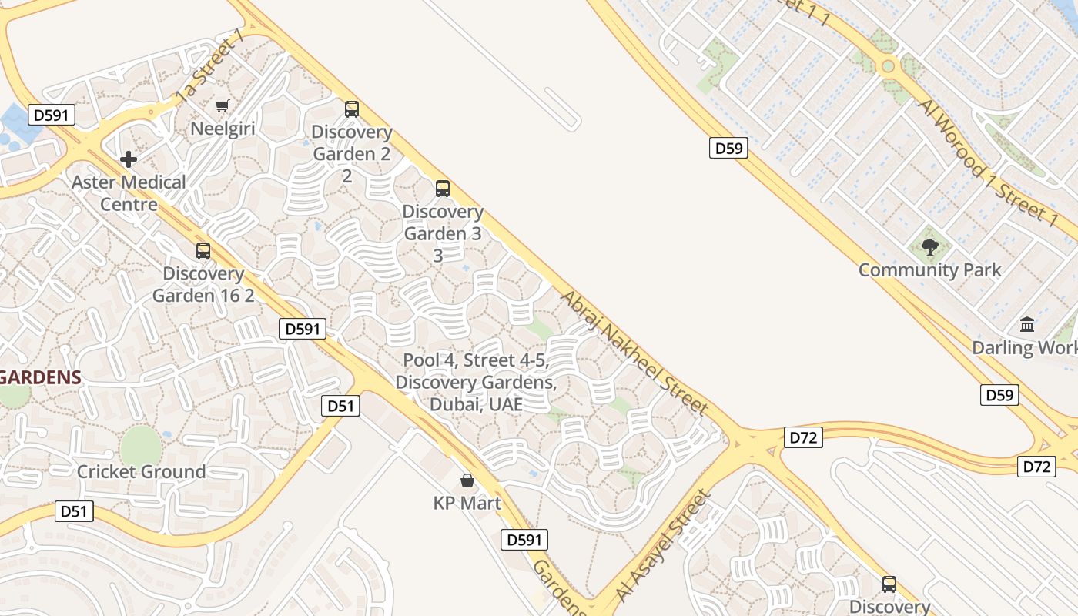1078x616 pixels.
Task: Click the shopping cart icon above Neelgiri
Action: tap(223, 105)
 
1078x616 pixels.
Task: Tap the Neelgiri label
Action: tap(223, 128)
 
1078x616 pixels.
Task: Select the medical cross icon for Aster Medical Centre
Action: tap(129, 159)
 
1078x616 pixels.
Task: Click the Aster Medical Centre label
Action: tap(129, 193)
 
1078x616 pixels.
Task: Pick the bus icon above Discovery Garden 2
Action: tap(352, 109)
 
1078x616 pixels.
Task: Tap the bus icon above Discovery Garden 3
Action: tap(443, 188)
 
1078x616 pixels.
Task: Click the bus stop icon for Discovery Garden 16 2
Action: tap(203, 250)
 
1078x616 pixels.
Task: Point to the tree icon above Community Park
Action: tap(930, 247)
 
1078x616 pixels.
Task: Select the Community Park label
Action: tap(930, 270)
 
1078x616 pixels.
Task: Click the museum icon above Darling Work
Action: tap(1027, 324)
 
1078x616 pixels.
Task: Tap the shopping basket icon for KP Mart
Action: tap(467, 481)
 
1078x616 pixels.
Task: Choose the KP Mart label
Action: tap(467, 504)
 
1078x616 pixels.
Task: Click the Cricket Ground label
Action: tap(141, 471)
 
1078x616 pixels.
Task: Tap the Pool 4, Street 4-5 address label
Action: tap(476, 382)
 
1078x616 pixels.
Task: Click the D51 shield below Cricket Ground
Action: tap(75, 511)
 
